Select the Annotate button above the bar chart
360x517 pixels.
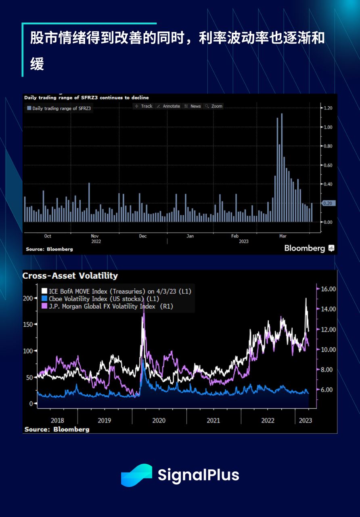(168, 106)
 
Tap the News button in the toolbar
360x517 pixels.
(193, 106)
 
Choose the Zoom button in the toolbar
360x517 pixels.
(214, 106)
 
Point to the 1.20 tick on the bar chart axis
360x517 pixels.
(327, 108)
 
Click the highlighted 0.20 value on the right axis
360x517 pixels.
(327, 204)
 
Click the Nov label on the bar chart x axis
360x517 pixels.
(95, 236)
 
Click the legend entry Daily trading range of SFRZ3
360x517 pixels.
(59, 109)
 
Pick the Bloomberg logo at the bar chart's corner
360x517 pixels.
(309, 248)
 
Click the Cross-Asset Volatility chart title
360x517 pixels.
(70, 276)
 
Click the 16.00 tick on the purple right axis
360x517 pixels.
(327, 289)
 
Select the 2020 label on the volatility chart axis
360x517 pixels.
(159, 420)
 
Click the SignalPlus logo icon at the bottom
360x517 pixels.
(136, 475)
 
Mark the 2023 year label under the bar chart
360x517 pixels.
(243, 242)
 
